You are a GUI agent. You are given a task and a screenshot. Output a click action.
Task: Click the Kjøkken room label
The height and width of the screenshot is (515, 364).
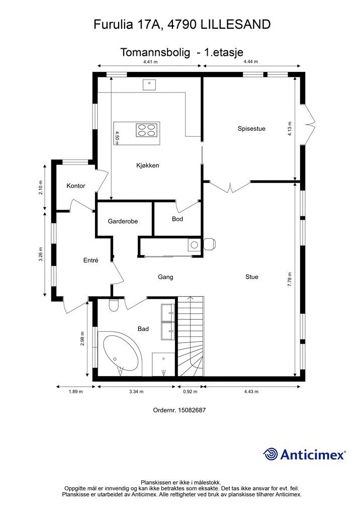tap(148, 165)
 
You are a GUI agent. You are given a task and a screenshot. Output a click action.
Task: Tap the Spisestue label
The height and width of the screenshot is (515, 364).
tap(251, 129)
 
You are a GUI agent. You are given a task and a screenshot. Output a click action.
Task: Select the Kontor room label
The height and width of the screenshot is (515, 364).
tap(76, 186)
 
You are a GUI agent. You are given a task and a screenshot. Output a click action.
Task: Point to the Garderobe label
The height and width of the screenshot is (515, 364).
tap(123, 221)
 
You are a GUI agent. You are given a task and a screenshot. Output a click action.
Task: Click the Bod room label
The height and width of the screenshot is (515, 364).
tap(177, 219)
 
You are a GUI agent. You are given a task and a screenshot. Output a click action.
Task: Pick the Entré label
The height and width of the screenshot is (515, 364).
tap(91, 261)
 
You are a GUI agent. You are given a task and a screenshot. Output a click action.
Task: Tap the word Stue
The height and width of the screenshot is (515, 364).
tap(252, 277)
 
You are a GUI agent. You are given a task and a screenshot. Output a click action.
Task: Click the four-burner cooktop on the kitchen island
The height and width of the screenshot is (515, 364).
tap(147, 130)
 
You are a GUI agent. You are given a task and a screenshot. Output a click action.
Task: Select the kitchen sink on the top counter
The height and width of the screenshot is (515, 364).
tap(149, 84)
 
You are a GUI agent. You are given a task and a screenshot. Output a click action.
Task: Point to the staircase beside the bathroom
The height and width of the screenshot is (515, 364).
tap(191, 336)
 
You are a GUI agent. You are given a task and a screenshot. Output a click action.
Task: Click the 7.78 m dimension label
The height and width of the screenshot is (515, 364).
tap(290, 280)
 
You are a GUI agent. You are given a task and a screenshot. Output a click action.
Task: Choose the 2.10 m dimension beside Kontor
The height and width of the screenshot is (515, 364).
tap(41, 187)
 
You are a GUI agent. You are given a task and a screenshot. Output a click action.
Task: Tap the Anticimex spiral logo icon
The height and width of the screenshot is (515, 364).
tap(270, 455)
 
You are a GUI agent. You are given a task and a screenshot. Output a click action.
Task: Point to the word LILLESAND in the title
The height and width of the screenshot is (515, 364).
tap(235, 25)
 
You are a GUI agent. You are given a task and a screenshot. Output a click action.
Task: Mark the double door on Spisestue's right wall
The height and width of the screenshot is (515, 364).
tap(309, 125)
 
